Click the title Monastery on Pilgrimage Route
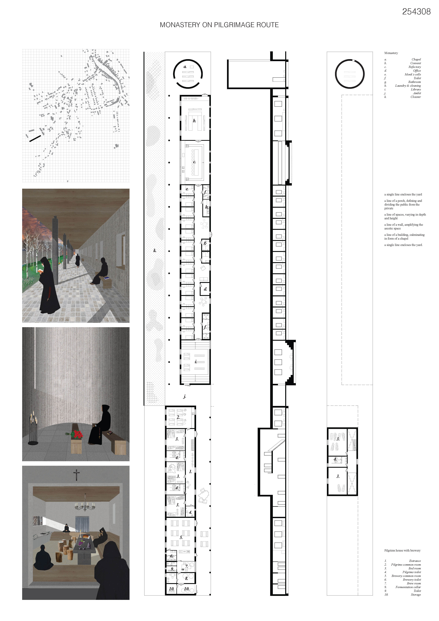219,25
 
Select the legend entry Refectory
415,67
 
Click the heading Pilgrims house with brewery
402,550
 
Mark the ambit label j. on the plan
185,396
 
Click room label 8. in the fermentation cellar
186,578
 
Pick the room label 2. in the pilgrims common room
178,417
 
